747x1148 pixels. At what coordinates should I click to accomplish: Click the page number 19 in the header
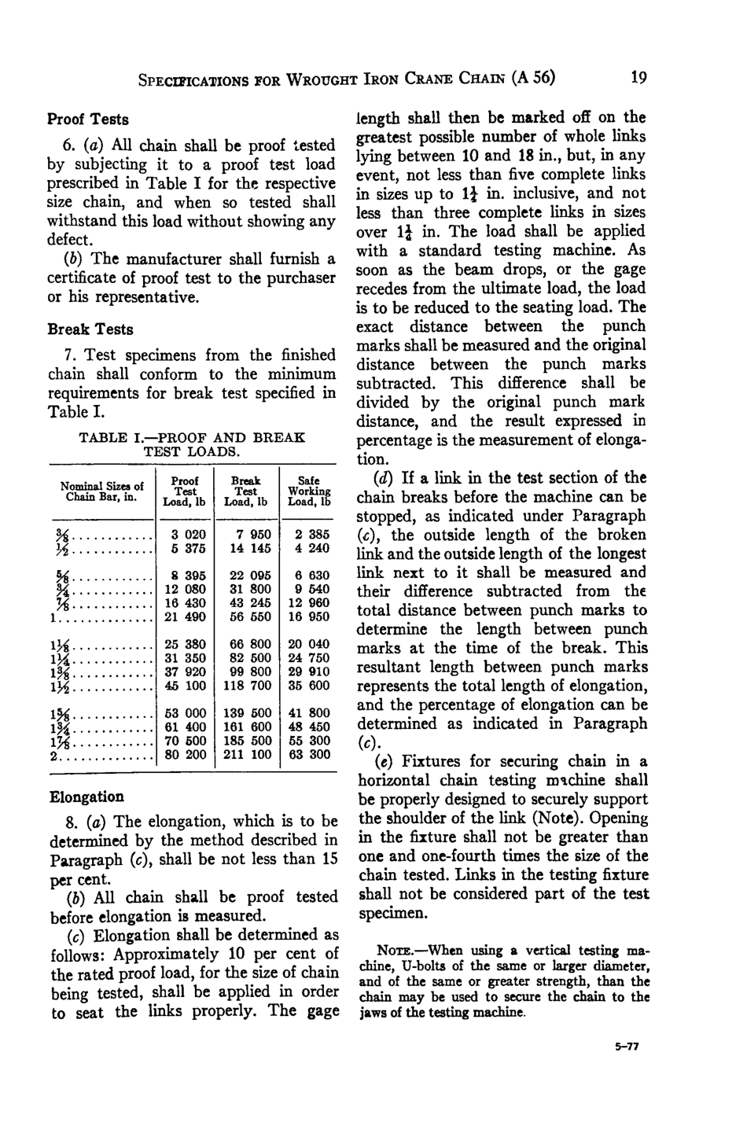(638, 78)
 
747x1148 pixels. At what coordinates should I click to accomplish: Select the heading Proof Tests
(88, 120)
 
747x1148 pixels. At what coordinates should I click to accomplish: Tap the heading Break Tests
(90, 329)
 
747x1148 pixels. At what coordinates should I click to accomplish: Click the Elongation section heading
(86, 797)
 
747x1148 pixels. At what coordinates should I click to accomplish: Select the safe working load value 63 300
(309, 755)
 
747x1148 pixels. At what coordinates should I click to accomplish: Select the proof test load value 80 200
(184, 755)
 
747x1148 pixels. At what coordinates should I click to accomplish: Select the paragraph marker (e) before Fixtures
(388, 761)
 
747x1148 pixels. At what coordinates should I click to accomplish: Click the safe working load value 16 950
(309, 618)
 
